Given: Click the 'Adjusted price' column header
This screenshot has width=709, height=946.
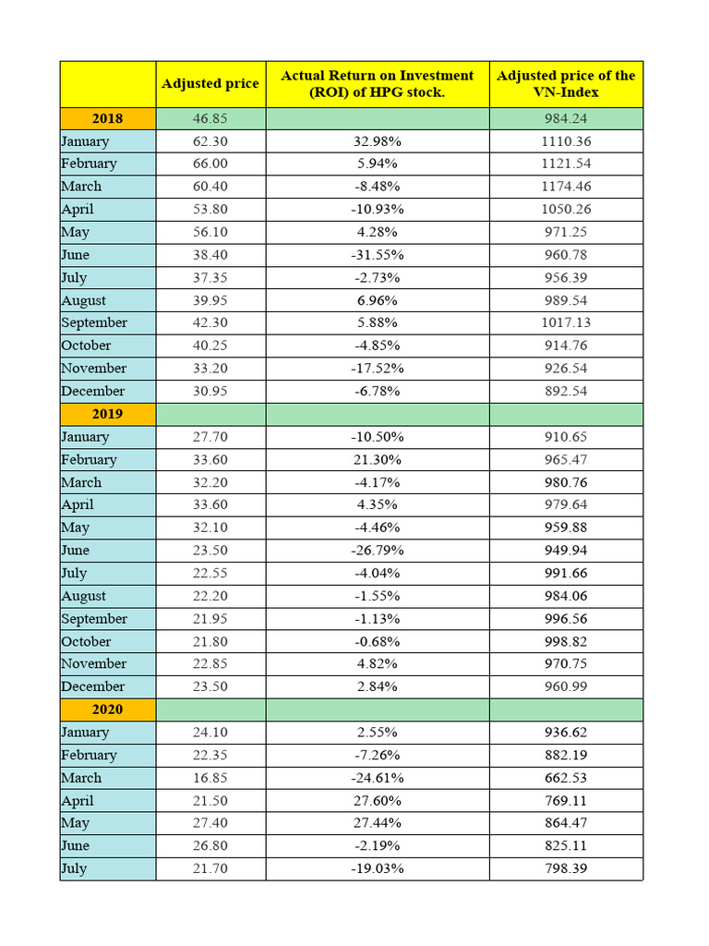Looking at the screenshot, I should tap(210, 83).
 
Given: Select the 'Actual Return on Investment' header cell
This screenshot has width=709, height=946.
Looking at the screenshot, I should tap(377, 83).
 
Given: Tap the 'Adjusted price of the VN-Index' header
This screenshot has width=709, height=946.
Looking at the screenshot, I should tap(566, 83).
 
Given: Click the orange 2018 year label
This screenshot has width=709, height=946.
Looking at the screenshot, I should tap(107, 118).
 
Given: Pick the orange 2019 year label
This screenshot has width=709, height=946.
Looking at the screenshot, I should tap(107, 414).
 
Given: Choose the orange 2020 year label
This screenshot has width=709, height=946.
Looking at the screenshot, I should tap(107, 709).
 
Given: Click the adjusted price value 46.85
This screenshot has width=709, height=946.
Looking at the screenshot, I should tap(210, 118).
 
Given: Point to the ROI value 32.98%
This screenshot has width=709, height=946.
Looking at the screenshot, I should tap(377, 141).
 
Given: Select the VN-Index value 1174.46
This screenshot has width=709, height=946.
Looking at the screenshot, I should tap(566, 187).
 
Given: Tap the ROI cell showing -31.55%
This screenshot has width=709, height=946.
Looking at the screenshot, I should tap(377, 255).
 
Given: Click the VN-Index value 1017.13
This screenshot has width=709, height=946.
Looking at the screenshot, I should tap(566, 323).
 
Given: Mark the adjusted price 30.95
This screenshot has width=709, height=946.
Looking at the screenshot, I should tap(210, 391).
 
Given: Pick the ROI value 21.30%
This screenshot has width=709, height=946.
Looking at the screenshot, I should tap(377, 460).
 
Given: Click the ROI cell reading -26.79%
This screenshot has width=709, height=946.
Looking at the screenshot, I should tap(377, 551).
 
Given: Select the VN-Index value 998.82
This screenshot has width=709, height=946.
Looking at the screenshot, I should tap(566, 641).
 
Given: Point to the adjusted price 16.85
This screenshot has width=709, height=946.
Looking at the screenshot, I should tap(210, 778).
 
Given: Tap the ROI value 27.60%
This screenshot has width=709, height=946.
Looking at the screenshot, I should tap(377, 801).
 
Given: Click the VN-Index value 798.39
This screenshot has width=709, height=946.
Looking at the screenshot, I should tap(566, 868).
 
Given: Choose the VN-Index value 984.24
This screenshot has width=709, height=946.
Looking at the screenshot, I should tap(566, 118).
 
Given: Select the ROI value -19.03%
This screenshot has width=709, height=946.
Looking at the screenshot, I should tap(377, 868).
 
